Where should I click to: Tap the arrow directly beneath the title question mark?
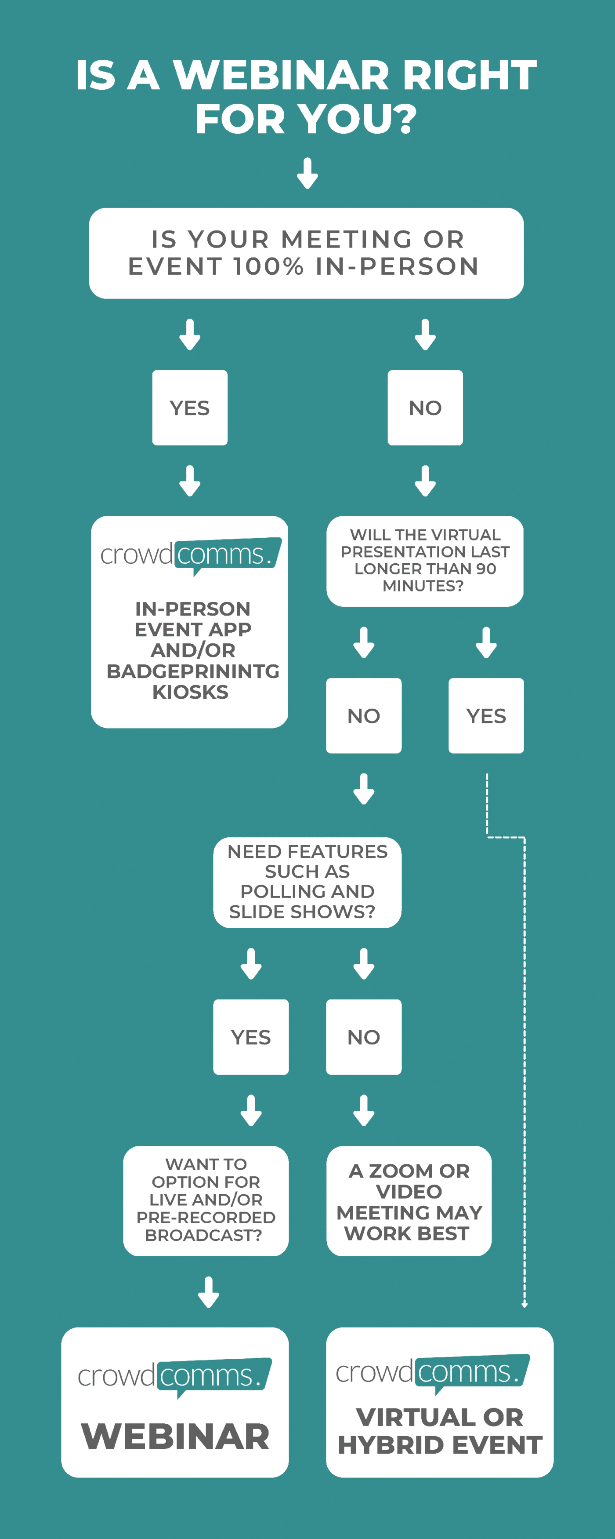tap(307, 173)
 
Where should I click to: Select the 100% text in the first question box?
tap(268, 266)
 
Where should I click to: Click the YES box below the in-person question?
tap(190, 408)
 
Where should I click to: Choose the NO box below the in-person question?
tap(425, 408)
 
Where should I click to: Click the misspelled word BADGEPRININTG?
tap(193, 671)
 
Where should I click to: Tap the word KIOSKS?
tap(191, 692)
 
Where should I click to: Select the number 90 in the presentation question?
tap(486, 569)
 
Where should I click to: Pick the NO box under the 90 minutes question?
tap(364, 716)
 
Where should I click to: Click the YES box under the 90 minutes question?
tap(486, 716)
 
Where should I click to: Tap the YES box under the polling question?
tap(251, 1037)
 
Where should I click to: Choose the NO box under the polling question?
tap(364, 1037)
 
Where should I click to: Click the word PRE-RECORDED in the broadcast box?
tap(206, 1218)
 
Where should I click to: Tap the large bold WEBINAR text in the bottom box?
tap(176, 1436)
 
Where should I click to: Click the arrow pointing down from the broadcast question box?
tap(208, 1292)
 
